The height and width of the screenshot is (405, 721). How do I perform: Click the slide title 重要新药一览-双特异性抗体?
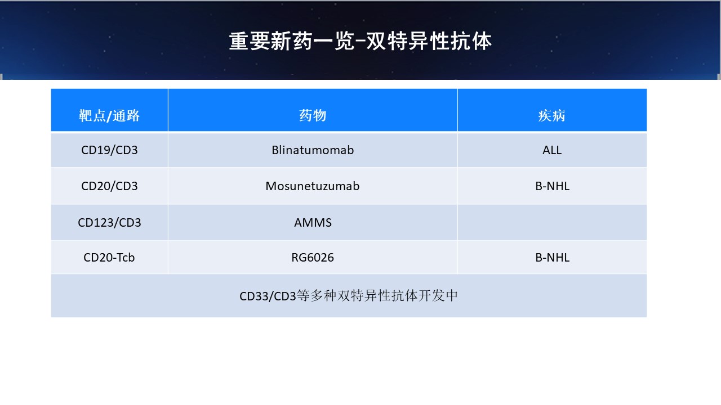(x=360, y=41)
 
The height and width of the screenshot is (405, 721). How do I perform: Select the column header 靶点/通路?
(x=109, y=115)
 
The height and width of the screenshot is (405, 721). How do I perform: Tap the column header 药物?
(x=313, y=115)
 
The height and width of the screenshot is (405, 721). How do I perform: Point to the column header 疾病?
(x=552, y=115)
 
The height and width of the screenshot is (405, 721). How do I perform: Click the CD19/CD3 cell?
(x=109, y=150)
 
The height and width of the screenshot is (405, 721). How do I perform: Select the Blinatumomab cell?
(x=313, y=150)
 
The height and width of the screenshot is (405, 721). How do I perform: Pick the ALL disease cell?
(x=552, y=150)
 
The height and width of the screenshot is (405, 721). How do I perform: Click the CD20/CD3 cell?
(x=109, y=186)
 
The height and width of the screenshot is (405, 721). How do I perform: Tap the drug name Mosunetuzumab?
(x=313, y=186)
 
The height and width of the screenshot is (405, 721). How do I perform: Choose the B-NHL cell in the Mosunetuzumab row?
(x=553, y=186)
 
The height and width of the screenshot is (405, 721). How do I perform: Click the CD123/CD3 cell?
(x=109, y=222)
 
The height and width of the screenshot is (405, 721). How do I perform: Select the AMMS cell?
(x=313, y=222)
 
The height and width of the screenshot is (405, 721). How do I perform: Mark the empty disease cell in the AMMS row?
(x=552, y=222)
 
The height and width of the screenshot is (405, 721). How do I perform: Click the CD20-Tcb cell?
(x=109, y=258)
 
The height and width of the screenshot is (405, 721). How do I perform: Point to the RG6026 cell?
(x=313, y=258)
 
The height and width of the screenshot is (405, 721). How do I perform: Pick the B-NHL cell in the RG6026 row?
(x=553, y=258)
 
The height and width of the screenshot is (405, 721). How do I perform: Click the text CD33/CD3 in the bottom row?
(x=268, y=296)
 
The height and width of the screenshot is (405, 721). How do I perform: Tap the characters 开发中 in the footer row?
(x=438, y=296)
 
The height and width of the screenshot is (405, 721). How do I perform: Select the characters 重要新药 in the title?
(x=270, y=41)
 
